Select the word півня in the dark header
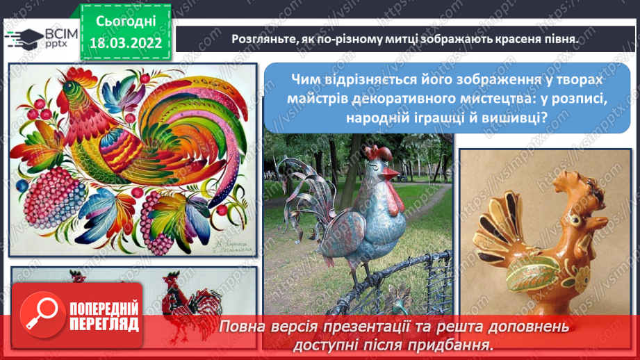tap(559, 39)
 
